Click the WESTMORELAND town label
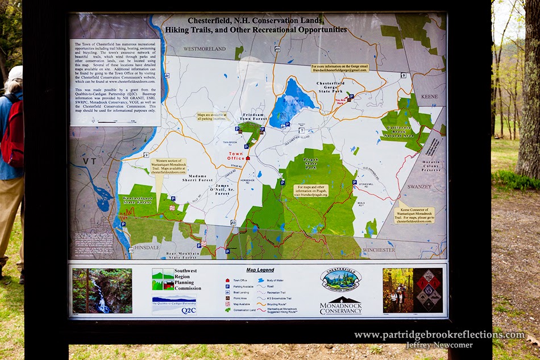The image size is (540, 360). click(204, 49)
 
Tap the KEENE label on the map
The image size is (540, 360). click(429, 97)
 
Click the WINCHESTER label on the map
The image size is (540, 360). click(379, 249)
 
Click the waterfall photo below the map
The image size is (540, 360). click(102, 291)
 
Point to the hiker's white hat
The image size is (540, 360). click(15, 72)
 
